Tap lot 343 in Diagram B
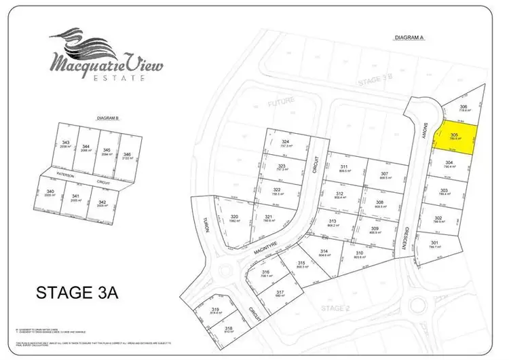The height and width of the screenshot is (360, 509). (x=66, y=145)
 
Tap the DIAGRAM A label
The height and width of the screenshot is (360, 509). (x=409, y=38)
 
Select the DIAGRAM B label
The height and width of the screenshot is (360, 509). (x=109, y=118)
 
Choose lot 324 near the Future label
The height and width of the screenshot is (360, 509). (x=285, y=143)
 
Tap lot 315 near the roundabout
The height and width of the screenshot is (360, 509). (x=301, y=264)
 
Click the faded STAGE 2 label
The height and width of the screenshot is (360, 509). (x=333, y=308)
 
